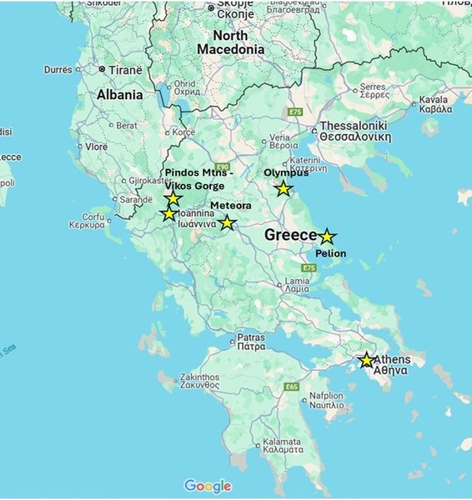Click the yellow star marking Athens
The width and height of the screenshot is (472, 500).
(x=366, y=360)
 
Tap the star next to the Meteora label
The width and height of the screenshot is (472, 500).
(x=227, y=222)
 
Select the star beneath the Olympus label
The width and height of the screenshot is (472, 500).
(x=284, y=188)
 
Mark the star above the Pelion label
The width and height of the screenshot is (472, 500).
(x=327, y=237)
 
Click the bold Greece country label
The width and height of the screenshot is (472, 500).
(x=290, y=236)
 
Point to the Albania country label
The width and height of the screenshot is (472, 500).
(x=119, y=95)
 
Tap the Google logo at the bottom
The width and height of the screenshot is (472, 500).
(x=207, y=485)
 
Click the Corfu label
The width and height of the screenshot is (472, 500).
(x=86, y=220)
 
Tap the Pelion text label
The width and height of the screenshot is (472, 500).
(x=331, y=253)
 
